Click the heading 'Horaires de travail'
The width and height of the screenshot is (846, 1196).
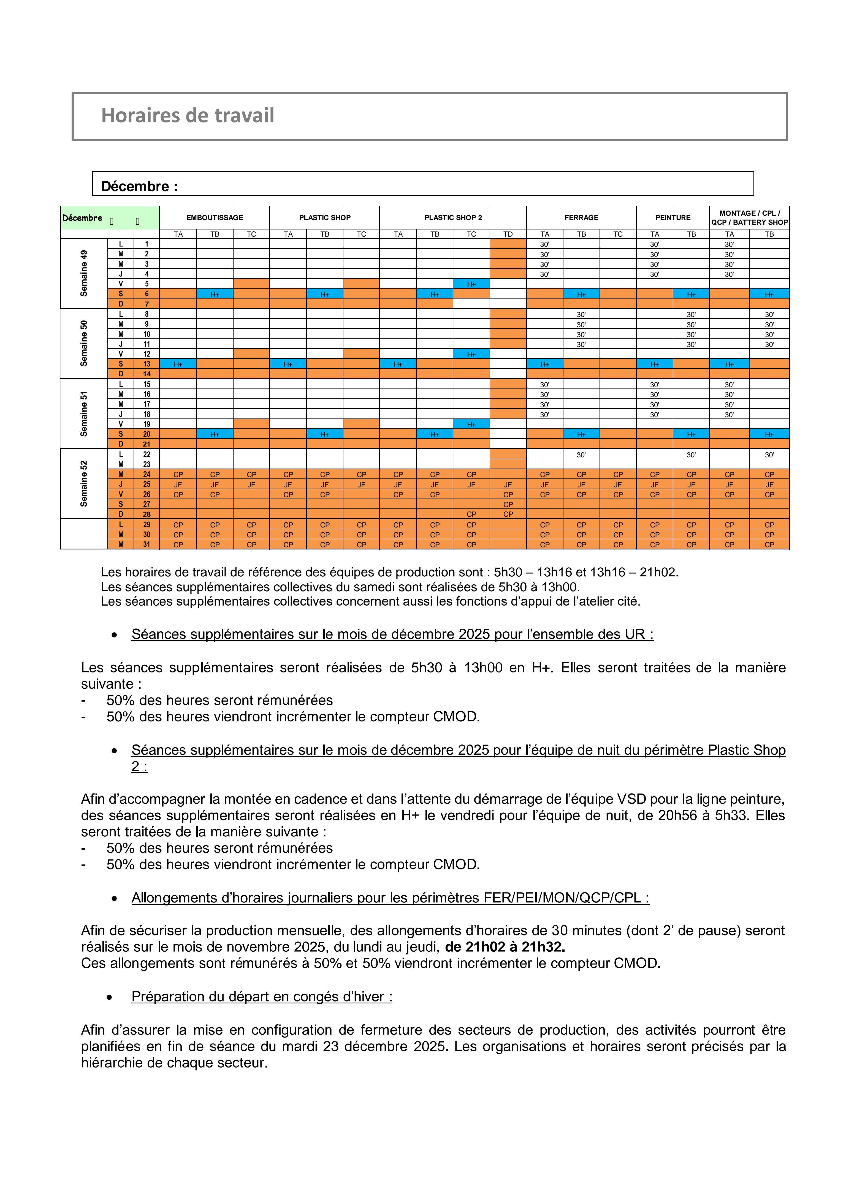[x=187, y=116]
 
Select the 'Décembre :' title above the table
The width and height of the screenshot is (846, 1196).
[x=139, y=187]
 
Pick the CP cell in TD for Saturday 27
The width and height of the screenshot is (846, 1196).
[x=508, y=504]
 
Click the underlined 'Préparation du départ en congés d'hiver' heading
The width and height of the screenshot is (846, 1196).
[x=262, y=997]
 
